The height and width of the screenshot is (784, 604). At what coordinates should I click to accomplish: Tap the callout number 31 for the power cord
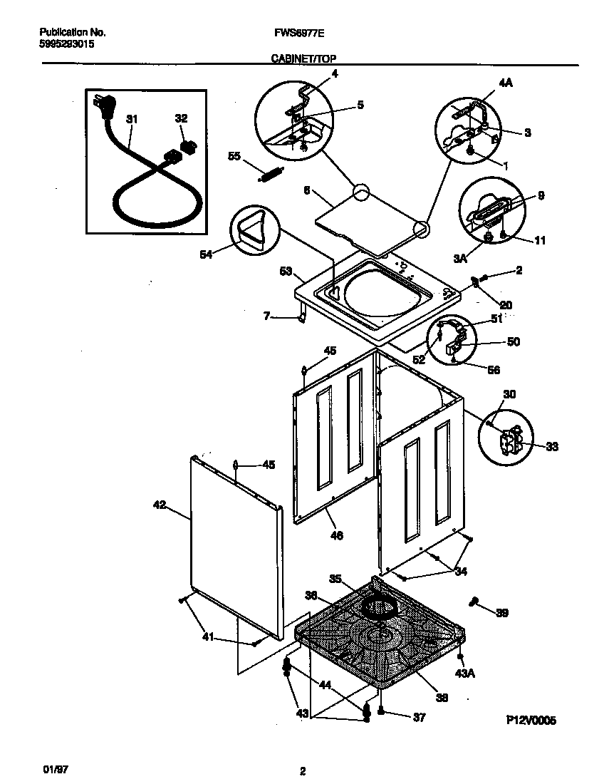pos(131,120)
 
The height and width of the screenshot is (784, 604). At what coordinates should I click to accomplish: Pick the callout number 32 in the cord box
pos(181,119)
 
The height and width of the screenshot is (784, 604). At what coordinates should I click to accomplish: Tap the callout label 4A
pos(506,83)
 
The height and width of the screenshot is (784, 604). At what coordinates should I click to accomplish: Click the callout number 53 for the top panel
pos(286,272)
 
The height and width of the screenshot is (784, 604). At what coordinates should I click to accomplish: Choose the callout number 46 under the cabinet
pos(337,535)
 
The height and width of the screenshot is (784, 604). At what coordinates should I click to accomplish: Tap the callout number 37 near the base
pos(419,718)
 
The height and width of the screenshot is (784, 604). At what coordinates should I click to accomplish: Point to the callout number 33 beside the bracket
pos(552,447)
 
